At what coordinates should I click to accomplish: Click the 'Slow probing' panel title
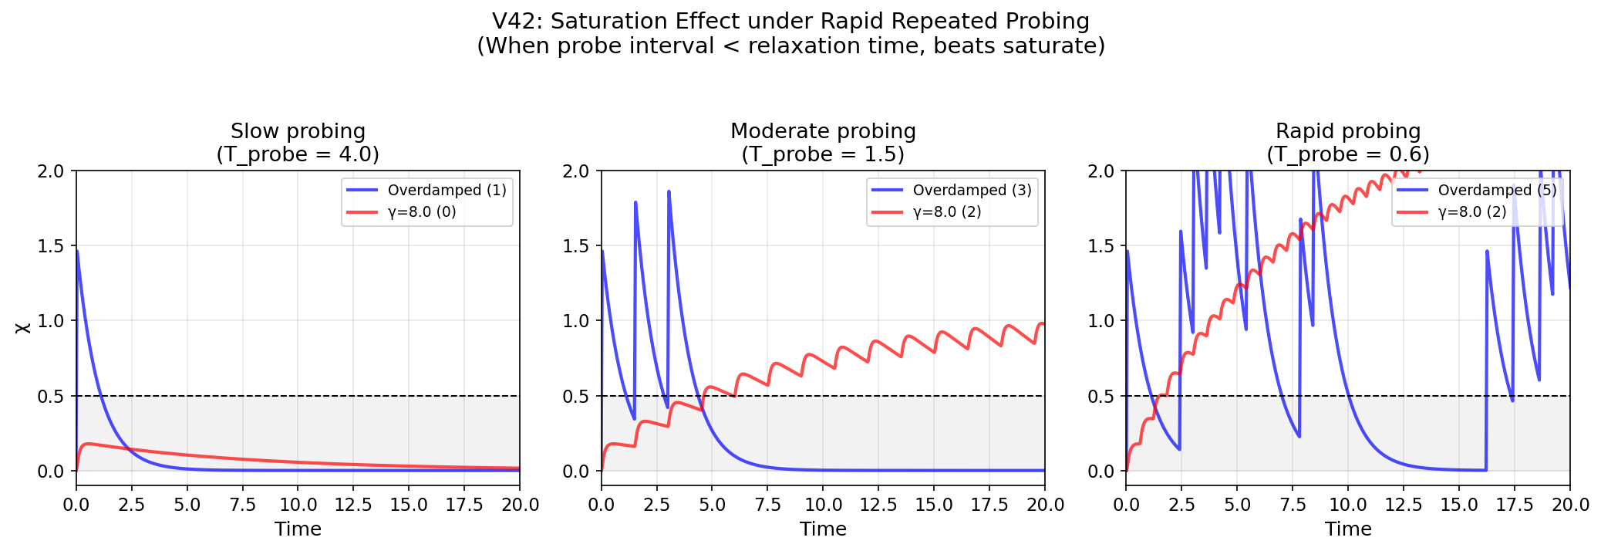click(298, 132)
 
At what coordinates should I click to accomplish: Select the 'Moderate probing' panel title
click(823, 132)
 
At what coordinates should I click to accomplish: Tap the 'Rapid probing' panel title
click(1347, 132)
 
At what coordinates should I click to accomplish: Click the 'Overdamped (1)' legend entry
click(447, 191)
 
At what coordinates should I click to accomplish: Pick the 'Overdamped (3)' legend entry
click(972, 191)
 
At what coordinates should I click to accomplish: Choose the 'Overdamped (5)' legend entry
click(1497, 191)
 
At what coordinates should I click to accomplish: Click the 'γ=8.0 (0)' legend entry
click(421, 212)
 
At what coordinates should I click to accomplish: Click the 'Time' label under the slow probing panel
click(298, 529)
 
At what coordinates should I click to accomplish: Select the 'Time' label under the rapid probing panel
click(1348, 529)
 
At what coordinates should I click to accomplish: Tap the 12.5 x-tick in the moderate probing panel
click(878, 505)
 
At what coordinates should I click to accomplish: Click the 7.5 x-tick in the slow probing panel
click(242, 505)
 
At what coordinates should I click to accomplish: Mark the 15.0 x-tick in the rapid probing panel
click(1458, 505)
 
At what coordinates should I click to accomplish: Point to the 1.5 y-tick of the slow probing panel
click(52, 246)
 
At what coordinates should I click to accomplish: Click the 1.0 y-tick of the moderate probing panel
click(577, 321)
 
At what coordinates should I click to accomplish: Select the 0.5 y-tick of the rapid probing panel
click(1102, 397)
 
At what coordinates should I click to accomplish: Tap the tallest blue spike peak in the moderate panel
click(669, 191)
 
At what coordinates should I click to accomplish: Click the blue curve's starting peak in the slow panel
click(77, 251)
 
